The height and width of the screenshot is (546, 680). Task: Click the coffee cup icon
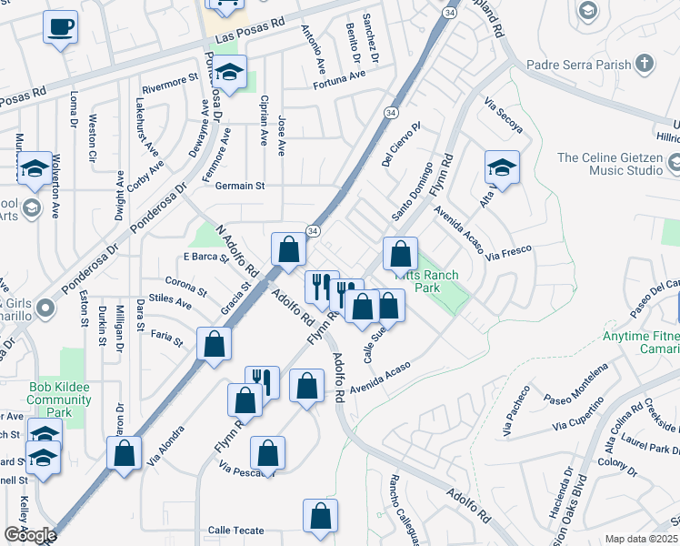coord(60,26)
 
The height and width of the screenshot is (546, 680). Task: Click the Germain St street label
coord(240,186)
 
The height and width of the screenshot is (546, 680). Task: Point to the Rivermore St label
coord(170,81)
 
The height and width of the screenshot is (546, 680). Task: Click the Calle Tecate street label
coord(235,531)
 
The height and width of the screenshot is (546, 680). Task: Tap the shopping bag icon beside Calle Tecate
coord(320,516)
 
